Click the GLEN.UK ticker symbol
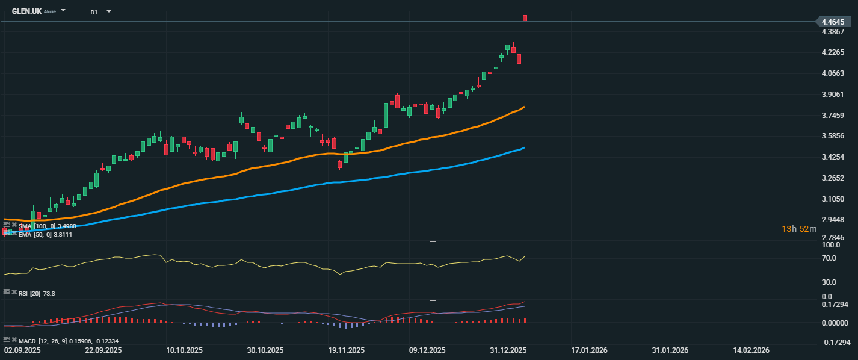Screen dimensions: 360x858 point(26,11)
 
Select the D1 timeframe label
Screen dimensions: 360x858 point(94,12)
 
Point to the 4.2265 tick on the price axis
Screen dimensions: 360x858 point(833,52)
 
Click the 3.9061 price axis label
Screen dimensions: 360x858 point(833,95)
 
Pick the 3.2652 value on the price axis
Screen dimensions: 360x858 point(833,178)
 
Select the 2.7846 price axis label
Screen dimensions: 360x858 point(833,238)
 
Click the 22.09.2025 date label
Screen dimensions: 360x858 point(103,350)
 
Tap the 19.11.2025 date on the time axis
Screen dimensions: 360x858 point(347,350)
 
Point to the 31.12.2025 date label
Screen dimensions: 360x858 point(508,350)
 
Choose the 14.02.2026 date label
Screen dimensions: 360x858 point(751,350)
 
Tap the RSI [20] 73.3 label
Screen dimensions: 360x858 point(37,293)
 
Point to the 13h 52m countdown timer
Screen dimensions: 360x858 point(799,229)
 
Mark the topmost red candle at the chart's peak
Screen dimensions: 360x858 point(525,19)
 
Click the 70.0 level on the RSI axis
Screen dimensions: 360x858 point(829,258)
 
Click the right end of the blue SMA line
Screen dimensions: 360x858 point(523,148)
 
